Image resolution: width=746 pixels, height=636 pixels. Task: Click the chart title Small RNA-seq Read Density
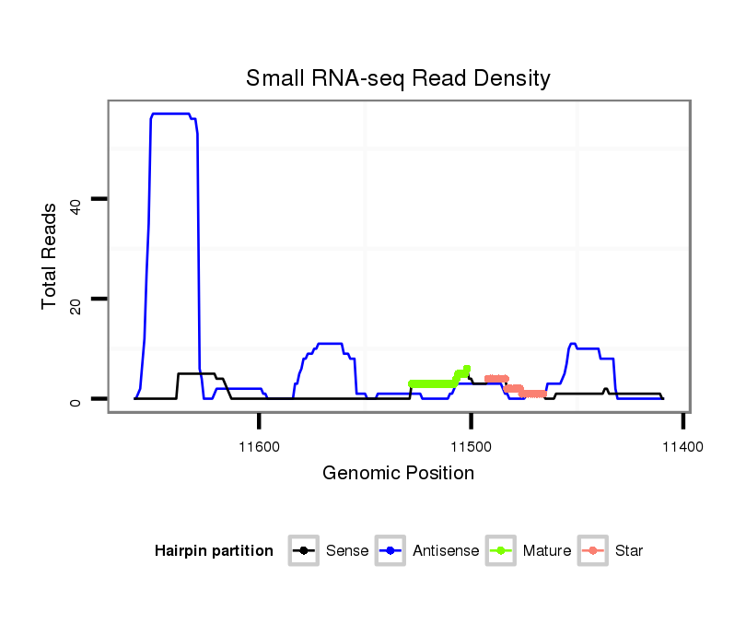coord(398,78)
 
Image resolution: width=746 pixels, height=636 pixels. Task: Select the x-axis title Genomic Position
coord(398,474)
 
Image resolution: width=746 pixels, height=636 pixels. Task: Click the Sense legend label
coord(347,551)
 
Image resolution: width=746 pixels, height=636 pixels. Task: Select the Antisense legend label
coord(446,551)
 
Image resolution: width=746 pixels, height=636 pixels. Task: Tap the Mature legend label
coord(547,551)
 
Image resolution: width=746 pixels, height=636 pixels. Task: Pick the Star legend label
coord(629,551)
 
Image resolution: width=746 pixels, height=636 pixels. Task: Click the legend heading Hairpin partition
coord(214,551)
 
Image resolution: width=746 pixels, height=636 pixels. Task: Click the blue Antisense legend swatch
coord(390,551)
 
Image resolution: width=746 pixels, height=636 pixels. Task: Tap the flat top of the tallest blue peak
coord(171,113)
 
